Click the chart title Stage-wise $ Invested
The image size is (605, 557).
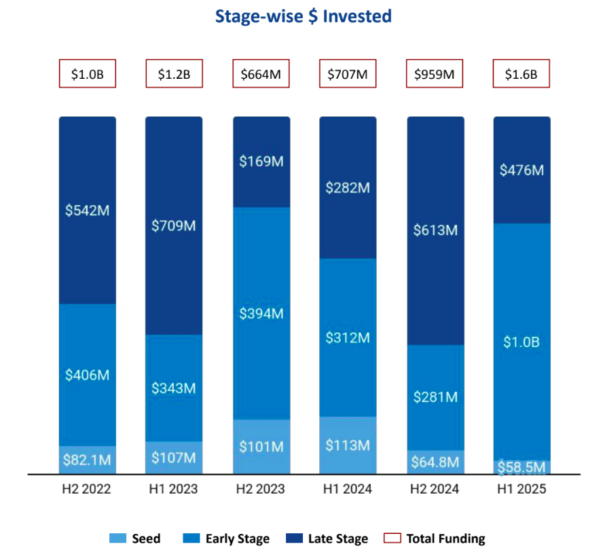303,16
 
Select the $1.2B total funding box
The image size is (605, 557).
174,74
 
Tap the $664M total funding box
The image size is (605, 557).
261,74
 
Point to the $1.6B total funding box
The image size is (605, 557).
521,74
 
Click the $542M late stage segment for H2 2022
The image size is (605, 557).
87,211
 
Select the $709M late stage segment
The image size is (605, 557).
174,226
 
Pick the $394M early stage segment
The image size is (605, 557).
261,314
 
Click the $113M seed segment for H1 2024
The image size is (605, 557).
348,446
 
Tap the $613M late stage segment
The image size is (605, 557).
435,230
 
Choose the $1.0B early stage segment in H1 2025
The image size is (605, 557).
521,342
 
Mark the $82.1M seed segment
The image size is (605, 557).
87,460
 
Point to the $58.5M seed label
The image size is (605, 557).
521,467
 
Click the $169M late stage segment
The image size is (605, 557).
261,162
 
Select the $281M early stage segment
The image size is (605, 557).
435,397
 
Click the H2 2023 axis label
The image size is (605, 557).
261,489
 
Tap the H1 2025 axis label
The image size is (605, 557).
521,489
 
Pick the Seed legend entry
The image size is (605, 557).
135,539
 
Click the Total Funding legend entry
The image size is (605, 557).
435,539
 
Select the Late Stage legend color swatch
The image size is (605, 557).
294,539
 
